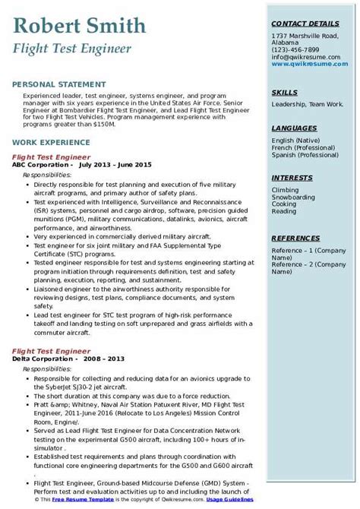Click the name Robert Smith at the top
pyautogui.click(x=80, y=27)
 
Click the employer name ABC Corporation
pyautogui.click(x=41, y=163)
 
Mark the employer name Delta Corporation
pyautogui.click(x=43, y=337)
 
